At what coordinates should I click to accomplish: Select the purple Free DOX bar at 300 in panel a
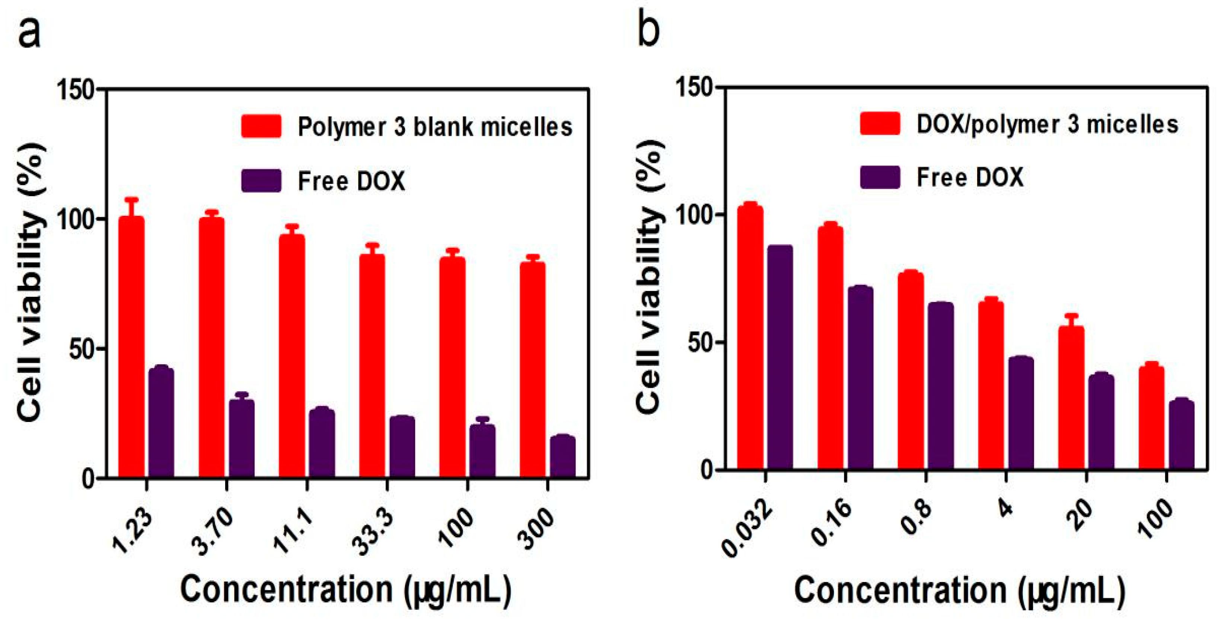tap(563, 457)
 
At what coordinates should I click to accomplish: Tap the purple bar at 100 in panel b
tap(1182, 435)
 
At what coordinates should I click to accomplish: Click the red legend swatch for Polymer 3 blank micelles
tap(261, 126)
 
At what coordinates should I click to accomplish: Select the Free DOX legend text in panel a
tap(351, 181)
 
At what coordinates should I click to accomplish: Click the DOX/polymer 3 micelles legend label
tap(1047, 124)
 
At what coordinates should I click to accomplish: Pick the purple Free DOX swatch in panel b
tap(880, 178)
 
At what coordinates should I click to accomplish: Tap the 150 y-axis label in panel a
tap(75, 89)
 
